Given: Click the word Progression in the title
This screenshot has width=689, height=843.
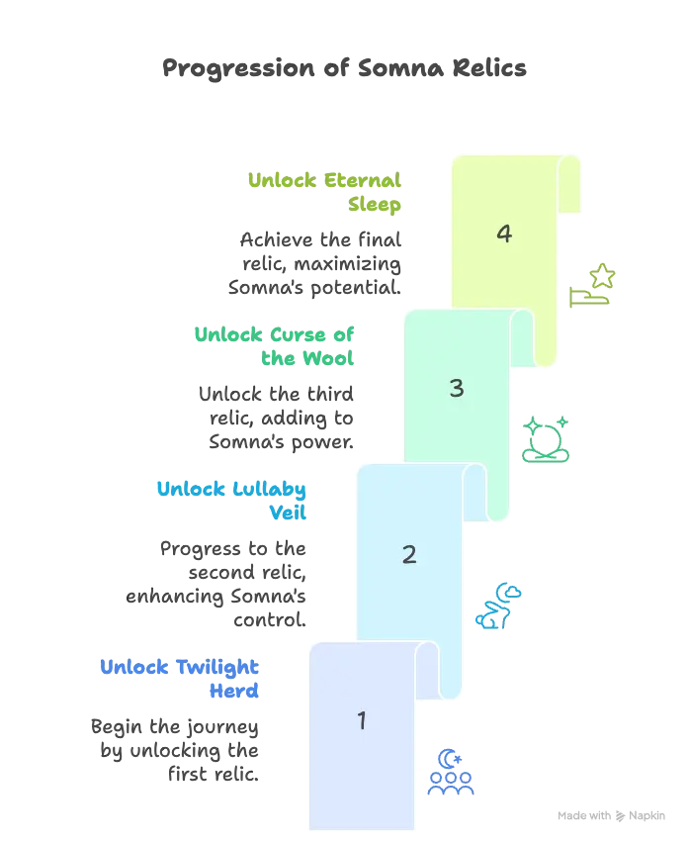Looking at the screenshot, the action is pos(238,69).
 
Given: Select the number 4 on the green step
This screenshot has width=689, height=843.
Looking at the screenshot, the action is pos(504,234).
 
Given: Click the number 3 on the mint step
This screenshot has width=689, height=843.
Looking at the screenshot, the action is pos(457,388).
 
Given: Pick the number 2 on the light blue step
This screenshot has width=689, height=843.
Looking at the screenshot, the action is pos(409,554).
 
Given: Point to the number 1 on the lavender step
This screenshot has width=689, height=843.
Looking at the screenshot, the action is pos(362,720).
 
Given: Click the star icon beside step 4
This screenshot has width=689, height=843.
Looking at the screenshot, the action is pos(602,276).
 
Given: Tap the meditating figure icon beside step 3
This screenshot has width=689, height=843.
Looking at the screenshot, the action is pos(546,439).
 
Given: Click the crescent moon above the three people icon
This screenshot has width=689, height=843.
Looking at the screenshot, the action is pos(448,759).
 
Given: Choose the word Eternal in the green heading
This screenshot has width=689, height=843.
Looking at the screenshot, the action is pos(363,180).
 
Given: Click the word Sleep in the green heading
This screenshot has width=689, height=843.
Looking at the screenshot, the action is pos(375,204).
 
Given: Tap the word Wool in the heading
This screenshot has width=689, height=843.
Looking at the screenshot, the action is pos(328,358).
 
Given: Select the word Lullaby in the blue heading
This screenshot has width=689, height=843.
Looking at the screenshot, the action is pos(269,489).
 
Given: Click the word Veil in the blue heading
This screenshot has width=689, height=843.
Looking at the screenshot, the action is pos(288,513).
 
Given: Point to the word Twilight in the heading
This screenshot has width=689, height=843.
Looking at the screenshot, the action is pos(217,667).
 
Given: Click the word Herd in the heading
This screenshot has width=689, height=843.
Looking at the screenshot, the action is pos(234,691).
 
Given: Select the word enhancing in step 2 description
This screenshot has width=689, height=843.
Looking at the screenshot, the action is pos(175,597).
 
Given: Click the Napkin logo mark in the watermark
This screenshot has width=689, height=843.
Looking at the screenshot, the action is pos(620,815).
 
